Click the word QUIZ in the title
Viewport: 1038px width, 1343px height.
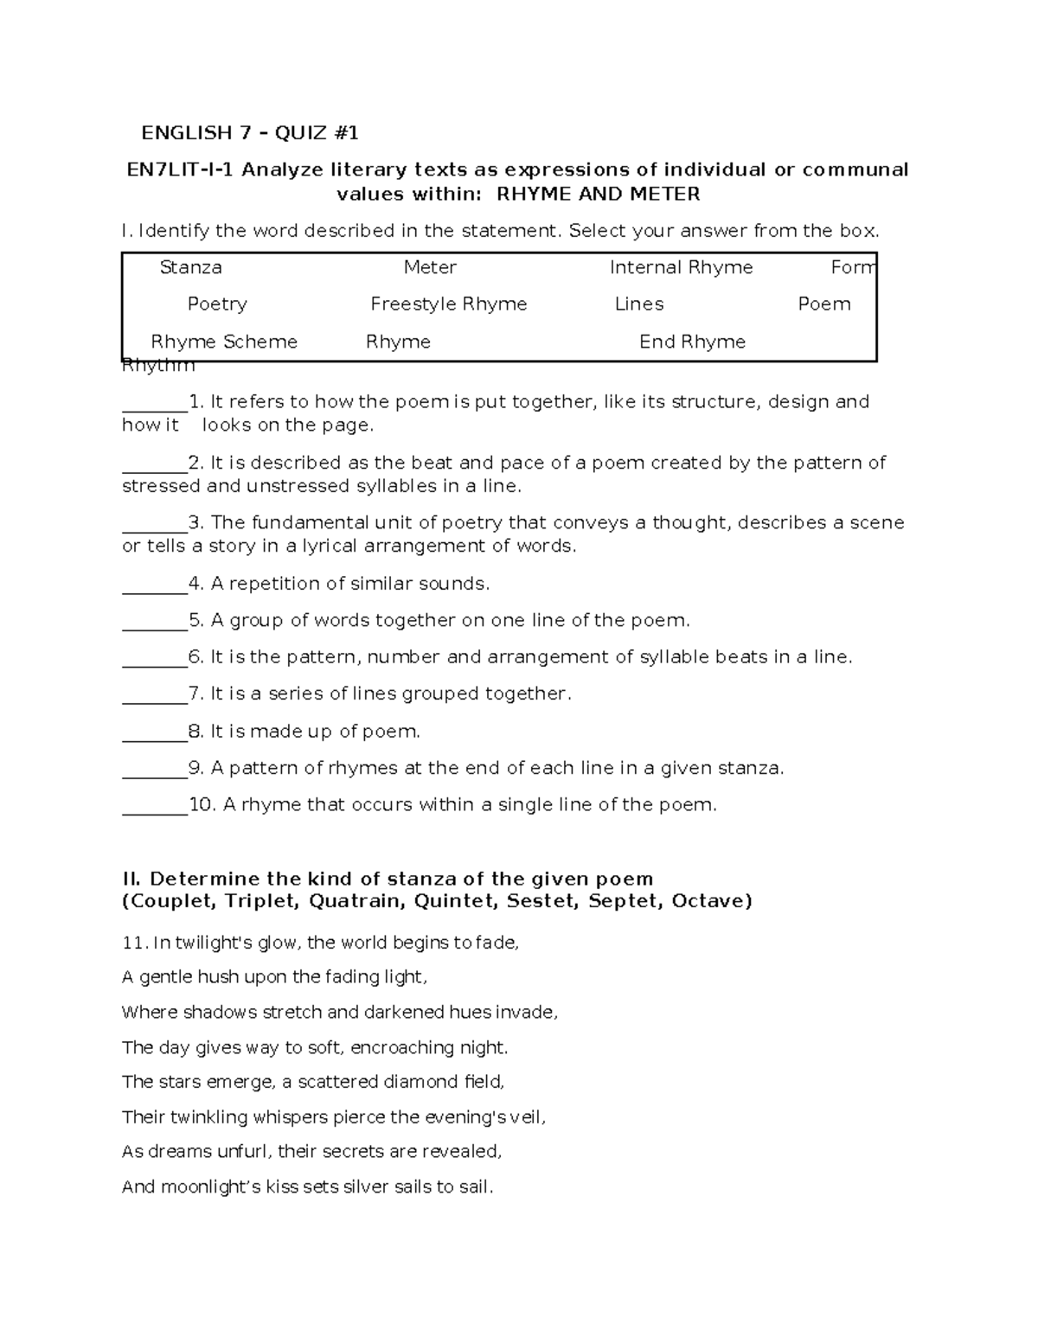[302, 133]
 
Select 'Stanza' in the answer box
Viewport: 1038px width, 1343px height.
[191, 268]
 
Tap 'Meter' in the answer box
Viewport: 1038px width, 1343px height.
[430, 268]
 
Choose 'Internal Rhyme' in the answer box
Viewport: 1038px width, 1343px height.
[681, 268]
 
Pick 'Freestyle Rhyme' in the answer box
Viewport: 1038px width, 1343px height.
[448, 304]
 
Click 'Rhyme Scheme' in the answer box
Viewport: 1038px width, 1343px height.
[224, 342]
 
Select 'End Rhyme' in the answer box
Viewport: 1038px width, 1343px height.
[692, 342]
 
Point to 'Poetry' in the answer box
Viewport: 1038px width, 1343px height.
[217, 304]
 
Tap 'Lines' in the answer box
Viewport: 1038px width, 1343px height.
[639, 304]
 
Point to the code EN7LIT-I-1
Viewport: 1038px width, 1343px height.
[180, 169]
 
